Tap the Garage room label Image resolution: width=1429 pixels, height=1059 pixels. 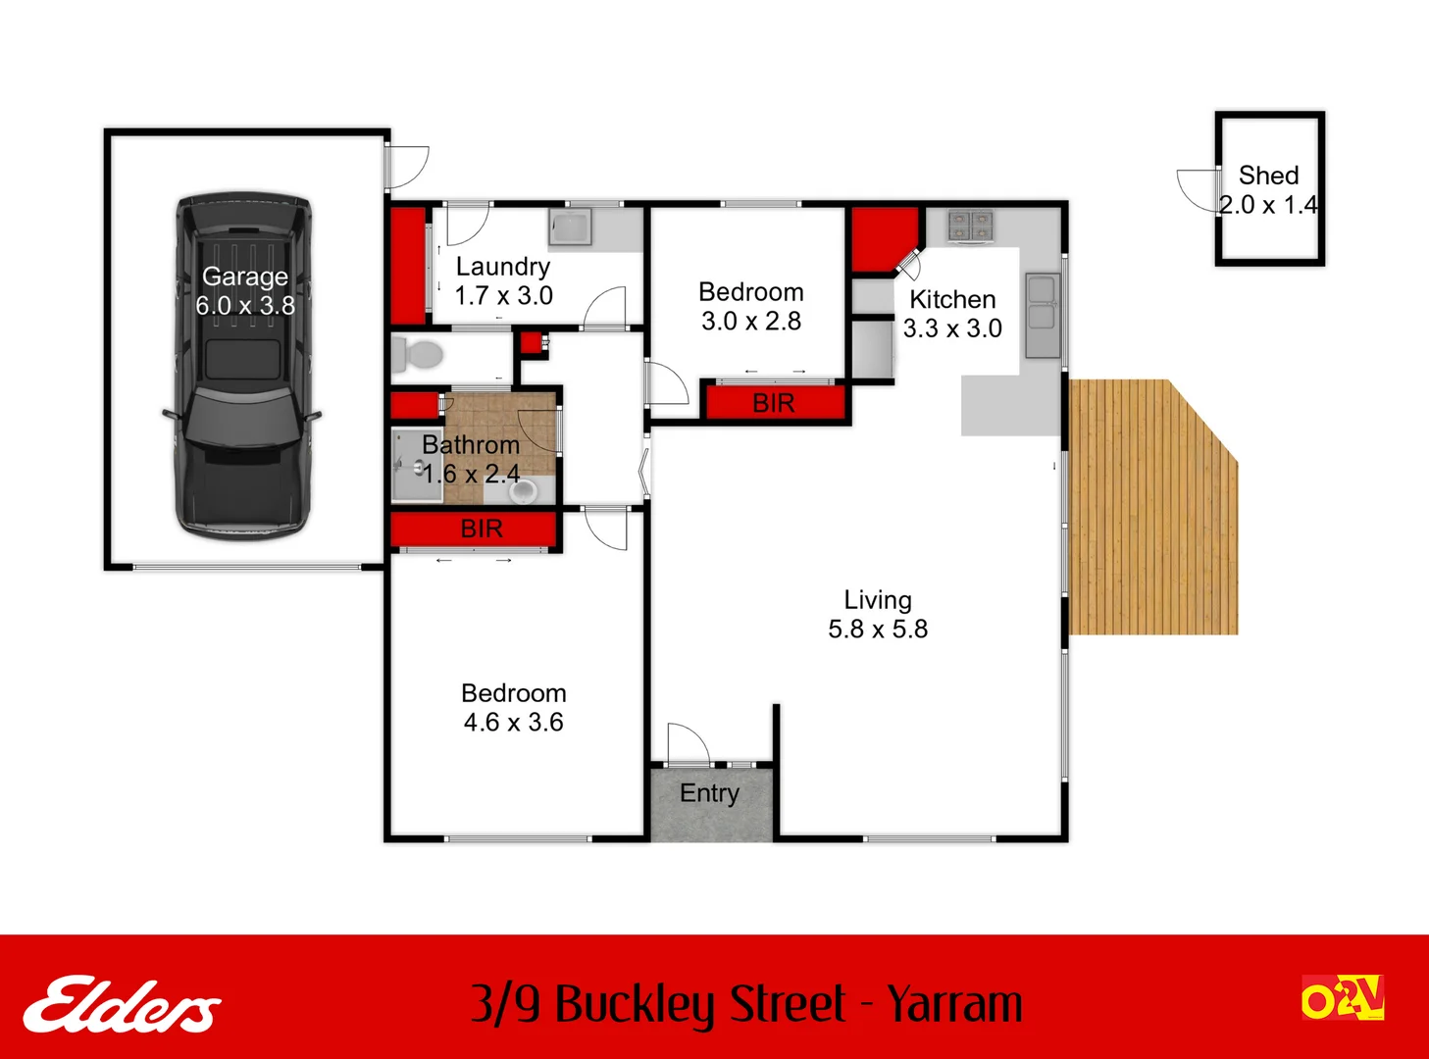(x=245, y=277)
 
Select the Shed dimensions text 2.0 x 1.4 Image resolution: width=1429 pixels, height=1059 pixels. (x=1268, y=205)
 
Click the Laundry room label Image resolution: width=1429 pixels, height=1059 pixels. (x=503, y=267)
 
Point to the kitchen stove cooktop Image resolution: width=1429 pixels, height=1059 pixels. (x=970, y=226)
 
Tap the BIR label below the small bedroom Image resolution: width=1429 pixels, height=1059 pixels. (x=774, y=403)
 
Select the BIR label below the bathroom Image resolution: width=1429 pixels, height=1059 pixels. (x=482, y=529)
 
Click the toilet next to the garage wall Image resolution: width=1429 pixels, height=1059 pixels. (x=423, y=354)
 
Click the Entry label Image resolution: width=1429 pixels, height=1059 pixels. (x=709, y=793)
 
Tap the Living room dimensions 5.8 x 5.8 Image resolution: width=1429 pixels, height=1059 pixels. (x=878, y=630)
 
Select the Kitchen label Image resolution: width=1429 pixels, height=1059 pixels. (x=952, y=300)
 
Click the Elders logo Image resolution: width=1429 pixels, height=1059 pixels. (x=123, y=1004)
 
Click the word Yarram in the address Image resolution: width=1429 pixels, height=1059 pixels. (x=954, y=1004)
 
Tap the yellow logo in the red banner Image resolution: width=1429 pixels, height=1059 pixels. (x=1343, y=998)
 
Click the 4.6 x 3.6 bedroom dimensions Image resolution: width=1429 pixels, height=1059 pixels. (x=513, y=723)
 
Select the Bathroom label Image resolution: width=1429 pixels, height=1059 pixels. (x=471, y=445)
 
